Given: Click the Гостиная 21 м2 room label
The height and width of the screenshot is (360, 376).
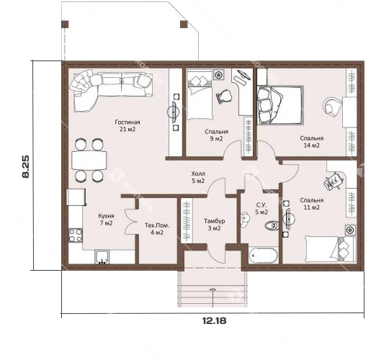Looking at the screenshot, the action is [127, 126].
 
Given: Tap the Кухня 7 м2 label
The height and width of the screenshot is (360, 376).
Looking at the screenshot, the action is [106, 220].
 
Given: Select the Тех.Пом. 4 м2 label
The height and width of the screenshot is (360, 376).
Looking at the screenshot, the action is [157, 229].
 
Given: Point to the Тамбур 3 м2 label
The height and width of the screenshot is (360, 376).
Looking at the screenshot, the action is [214, 225].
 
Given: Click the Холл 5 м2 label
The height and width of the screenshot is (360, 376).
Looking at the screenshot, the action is [198, 177].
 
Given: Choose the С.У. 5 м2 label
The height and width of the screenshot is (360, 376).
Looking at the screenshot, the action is [261, 209].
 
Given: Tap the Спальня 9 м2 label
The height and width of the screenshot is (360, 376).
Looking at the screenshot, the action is [216, 135].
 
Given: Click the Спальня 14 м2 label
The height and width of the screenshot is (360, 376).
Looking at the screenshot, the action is [312, 142].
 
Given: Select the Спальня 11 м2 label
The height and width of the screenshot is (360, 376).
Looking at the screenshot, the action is [312, 204].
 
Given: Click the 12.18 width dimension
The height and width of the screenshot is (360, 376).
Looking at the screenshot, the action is [214, 320].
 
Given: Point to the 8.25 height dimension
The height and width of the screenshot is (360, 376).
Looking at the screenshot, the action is [26, 166].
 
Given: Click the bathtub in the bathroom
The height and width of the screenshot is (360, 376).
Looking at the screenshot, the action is [264, 256].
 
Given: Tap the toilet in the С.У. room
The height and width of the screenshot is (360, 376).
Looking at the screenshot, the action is [272, 225].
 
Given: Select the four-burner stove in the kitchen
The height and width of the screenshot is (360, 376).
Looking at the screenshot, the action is [76, 235].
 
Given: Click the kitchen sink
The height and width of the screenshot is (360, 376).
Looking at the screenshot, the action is [102, 257].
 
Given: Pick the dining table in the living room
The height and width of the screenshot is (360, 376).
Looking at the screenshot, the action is [89, 160].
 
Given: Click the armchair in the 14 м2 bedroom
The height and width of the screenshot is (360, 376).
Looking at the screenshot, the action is [332, 107].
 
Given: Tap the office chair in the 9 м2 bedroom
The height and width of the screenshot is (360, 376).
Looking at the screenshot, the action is [224, 96].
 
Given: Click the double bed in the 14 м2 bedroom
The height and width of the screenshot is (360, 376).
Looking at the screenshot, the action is [280, 105].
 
